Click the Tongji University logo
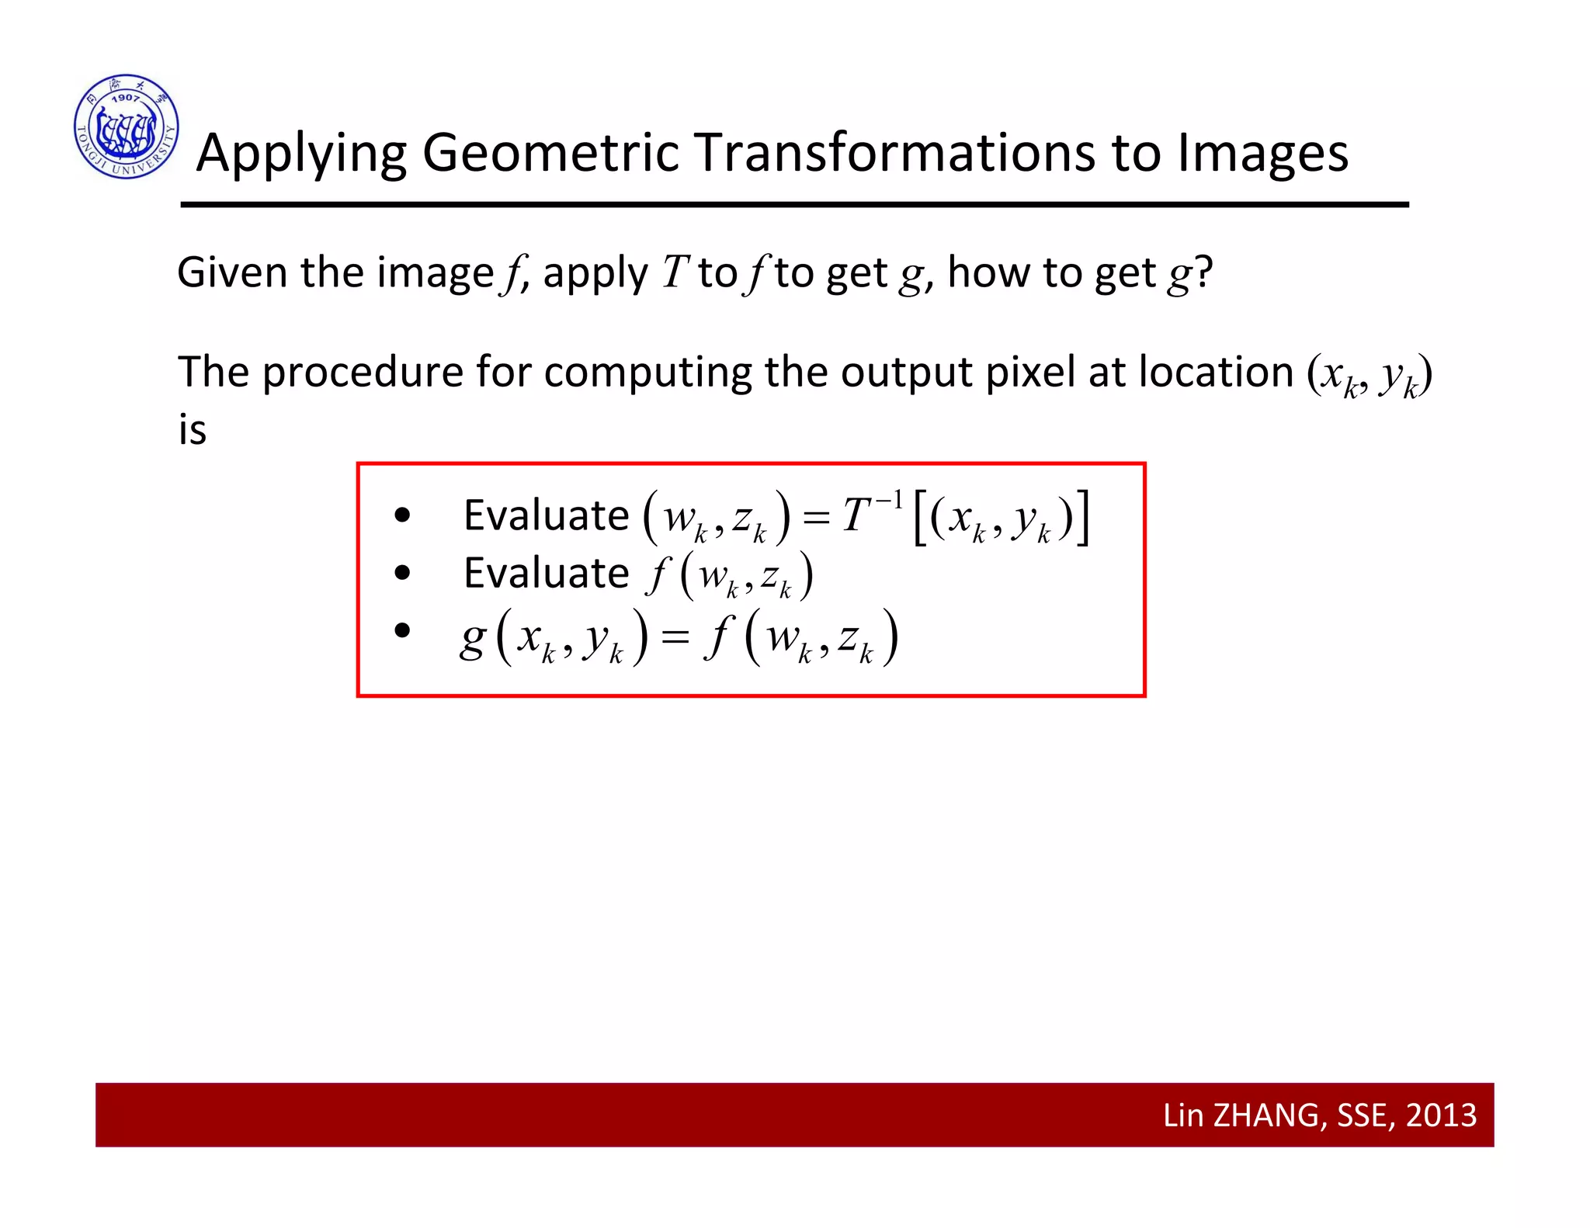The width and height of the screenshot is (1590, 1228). click(x=127, y=127)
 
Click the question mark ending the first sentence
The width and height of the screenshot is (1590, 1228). click(x=1203, y=272)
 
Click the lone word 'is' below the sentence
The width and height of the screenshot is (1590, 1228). click(x=193, y=430)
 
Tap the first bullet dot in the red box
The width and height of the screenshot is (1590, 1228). click(x=402, y=515)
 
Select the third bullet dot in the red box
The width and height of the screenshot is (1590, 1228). click(x=402, y=630)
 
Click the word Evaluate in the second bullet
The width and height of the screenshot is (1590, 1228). click(x=546, y=574)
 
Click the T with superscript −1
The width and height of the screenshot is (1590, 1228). click(x=857, y=515)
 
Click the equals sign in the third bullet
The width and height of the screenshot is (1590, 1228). click(x=675, y=638)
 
